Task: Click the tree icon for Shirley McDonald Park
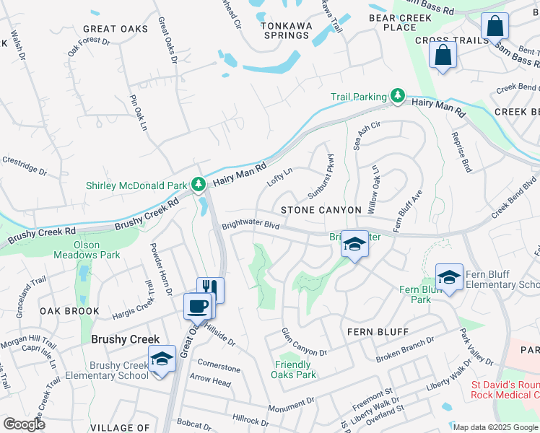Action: [199, 185]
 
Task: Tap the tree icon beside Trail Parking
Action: [397, 96]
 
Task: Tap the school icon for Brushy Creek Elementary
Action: [162, 359]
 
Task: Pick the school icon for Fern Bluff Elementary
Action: [449, 277]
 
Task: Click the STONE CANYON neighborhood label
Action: [321, 210]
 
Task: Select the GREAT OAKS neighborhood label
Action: [115, 29]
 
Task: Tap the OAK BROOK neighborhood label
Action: [69, 311]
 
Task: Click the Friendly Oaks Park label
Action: [294, 369]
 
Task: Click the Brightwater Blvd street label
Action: [250, 224]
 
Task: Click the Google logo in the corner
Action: [24, 424]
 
